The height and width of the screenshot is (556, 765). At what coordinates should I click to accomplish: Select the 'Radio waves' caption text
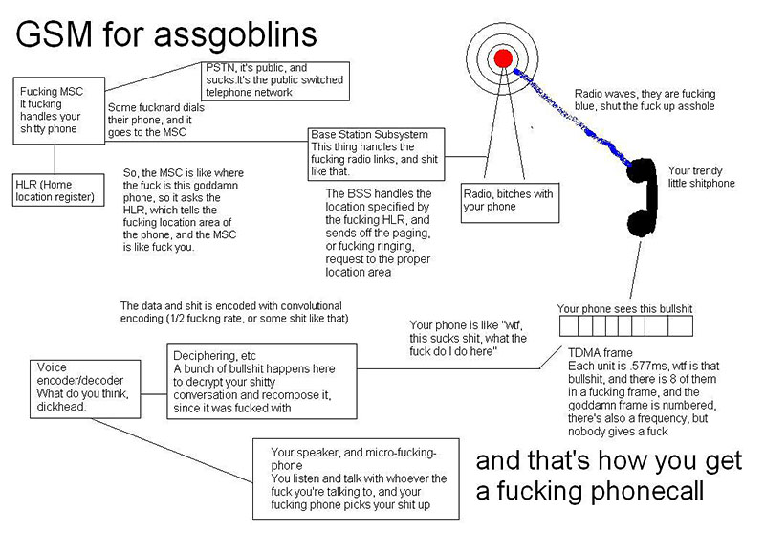(x=644, y=100)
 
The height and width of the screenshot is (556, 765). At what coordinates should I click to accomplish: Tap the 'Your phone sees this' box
(x=625, y=309)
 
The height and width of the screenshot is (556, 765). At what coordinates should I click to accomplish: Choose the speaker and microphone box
(x=358, y=478)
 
